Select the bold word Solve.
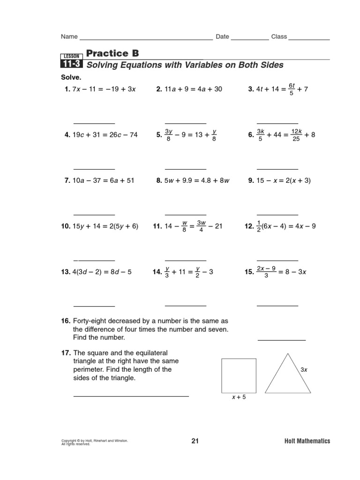(71, 77)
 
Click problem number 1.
(67, 90)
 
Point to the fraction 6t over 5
(291, 90)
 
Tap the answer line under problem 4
(94, 169)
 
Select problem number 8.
(158, 180)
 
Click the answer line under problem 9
(277, 214)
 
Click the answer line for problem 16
(281, 340)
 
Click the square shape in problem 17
(239, 375)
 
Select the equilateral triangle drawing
(283, 375)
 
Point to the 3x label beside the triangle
(304, 370)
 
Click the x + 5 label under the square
(239, 397)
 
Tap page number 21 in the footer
(195, 441)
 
